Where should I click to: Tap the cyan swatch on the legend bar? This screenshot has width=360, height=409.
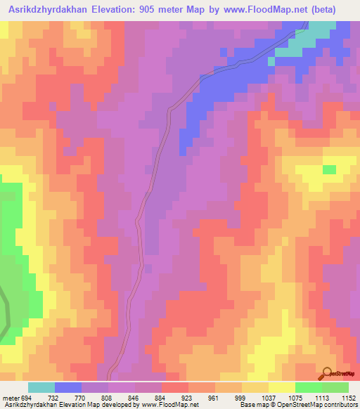pyautogui.click(x=41, y=387)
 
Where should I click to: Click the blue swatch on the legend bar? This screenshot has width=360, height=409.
pyautogui.click(x=68, y=387)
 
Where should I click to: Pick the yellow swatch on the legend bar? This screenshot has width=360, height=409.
pyautogui.click(x=282, y=387)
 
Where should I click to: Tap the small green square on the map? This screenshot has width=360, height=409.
pyautogui.click(x=328, y=169)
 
